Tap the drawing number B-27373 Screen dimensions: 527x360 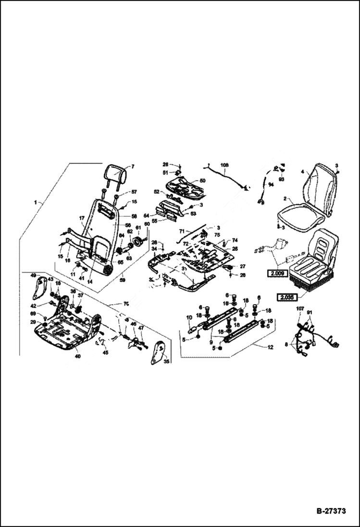point(324,511)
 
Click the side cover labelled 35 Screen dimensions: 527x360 point(159,353)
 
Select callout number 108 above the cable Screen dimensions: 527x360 point(224,165)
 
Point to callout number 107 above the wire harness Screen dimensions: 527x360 point(300,308)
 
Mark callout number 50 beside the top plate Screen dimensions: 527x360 point(202,181)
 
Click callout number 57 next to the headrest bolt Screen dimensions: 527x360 point(134,192)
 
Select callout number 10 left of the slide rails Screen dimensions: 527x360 point(189,318)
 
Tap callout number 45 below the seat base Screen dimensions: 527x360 point(105,352)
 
